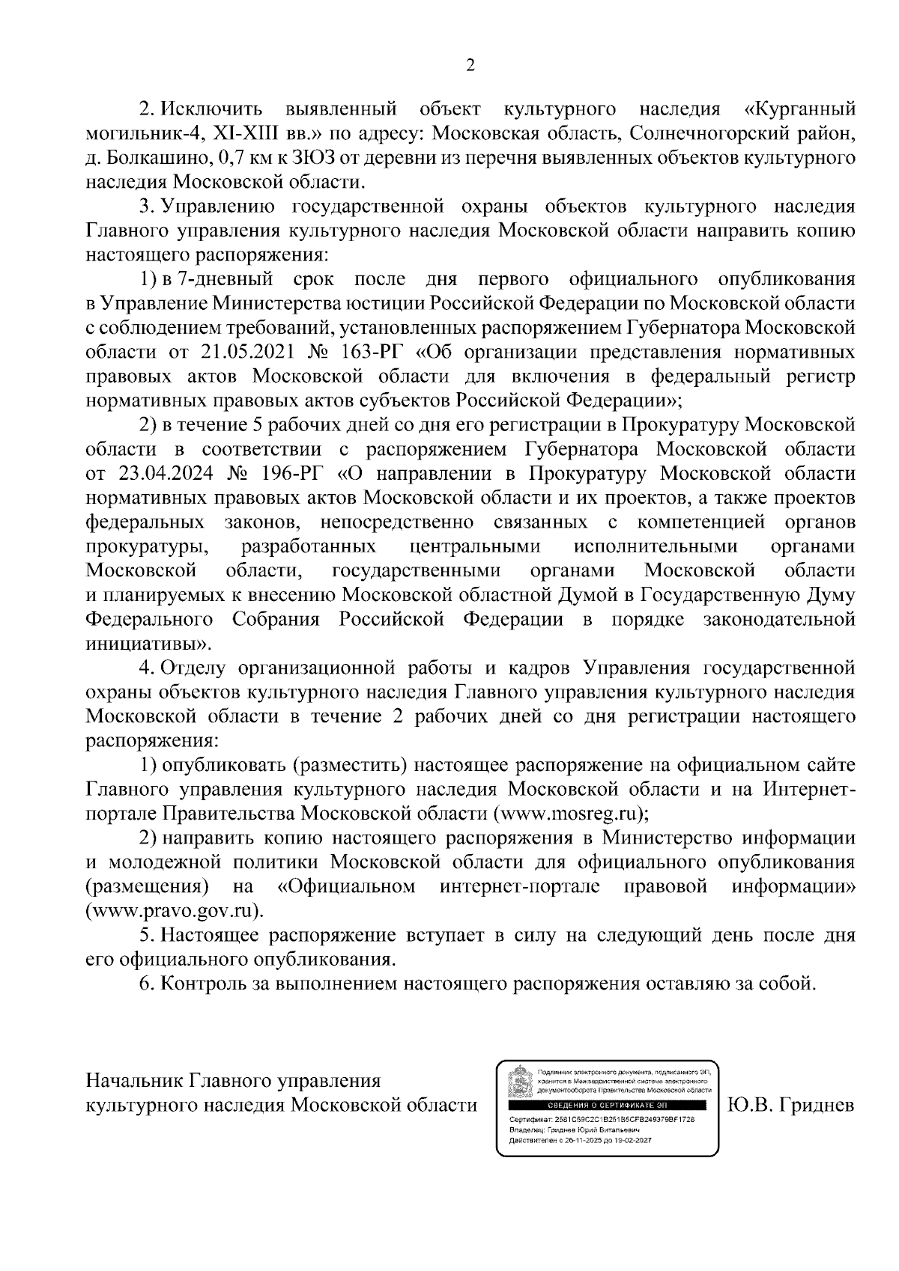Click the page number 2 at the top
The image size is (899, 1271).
(470, 65)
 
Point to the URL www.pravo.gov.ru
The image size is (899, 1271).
(174, 911)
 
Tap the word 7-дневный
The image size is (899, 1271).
(223, 279)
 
